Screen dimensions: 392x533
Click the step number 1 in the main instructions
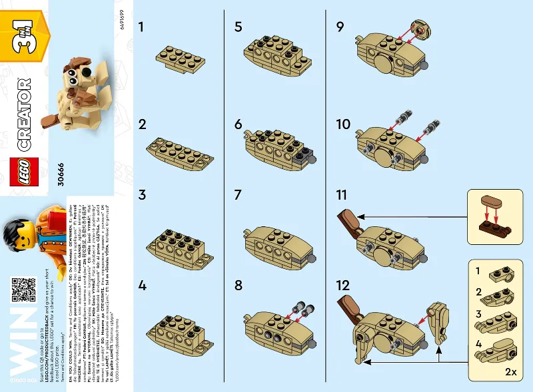141,27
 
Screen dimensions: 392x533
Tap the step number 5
239,27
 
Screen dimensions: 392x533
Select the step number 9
340,27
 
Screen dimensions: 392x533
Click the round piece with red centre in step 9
420,31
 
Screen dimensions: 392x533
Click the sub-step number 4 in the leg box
478,344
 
